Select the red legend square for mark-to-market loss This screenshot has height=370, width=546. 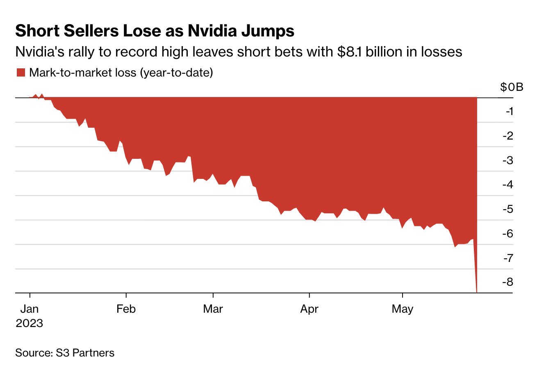coord(20,73)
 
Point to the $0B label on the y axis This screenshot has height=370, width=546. coord(512,87)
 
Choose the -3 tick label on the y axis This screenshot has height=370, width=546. coord(508,160)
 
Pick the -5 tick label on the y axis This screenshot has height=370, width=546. coord(508,209)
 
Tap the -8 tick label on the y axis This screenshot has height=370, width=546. coord(508,282)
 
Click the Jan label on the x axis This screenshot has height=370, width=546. coord(30,309)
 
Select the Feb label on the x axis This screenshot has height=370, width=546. coord(126,309)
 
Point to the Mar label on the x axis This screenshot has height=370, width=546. coord(213,309)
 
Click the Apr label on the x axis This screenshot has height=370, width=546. coord(309,309)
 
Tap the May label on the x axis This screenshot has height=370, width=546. coord(403,309)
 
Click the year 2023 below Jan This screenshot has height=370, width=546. coord(30,323)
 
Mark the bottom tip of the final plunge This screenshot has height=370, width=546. coord(477,292)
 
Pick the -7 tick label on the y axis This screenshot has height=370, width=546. coord(508,258)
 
